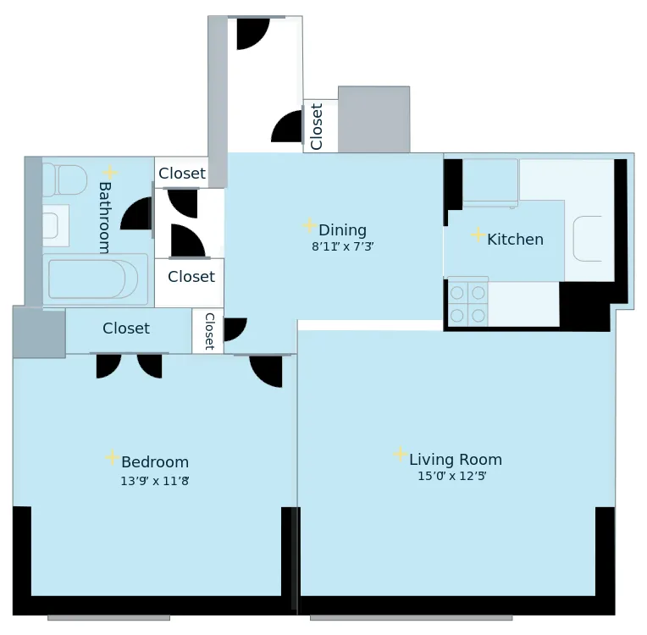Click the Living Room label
click(x=456, y=460)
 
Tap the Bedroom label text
click(x=155, y=462)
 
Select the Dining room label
click(x=342, y=230)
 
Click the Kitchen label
click(x=515, y=240)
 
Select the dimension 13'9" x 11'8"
click(x=154, y=481)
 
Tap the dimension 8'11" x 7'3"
click(x=342, y=247)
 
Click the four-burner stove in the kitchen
click(x=467, y=303)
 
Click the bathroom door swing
click(x=137, y=214)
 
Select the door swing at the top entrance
click(x=252, y=33)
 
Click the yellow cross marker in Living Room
click(x=400, y=455)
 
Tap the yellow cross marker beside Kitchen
click(x=478, y=235)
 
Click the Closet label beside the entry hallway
click(x=317, y=126)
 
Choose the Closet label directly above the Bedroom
click(x=126, y=329)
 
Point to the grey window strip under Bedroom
click(x=108, y=618)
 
